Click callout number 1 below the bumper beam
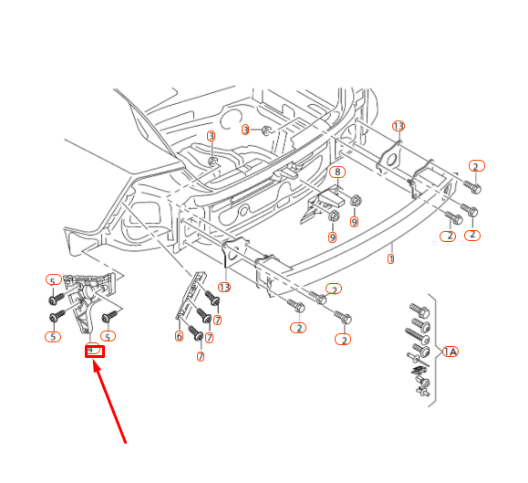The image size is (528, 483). click(x=391, y=258)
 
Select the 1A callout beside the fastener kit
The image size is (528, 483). click(x=450, y=352)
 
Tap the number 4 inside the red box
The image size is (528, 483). click(x=92, y=349)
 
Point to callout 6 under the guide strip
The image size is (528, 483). click(x=179, y=336)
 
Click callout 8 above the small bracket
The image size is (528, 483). click(x=336, y=172)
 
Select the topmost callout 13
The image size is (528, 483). click(x=398, y=126)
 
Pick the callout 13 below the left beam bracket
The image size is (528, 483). click(x=224, y=287)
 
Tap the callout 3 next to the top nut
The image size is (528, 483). click(x=245, y=131)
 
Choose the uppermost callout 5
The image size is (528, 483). click(x=53, y=280)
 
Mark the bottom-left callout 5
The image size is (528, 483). click(x=53, y=337)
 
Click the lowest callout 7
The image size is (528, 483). click(x=200, y=356)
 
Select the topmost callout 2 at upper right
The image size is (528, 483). click(x=476, y=166)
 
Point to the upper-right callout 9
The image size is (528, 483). click(x=354, y=222)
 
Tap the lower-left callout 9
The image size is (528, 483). click(x=333, y=237)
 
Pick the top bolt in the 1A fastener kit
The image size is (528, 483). click(x=419, y=310)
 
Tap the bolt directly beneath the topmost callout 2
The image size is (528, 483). click(x=471, y=186)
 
